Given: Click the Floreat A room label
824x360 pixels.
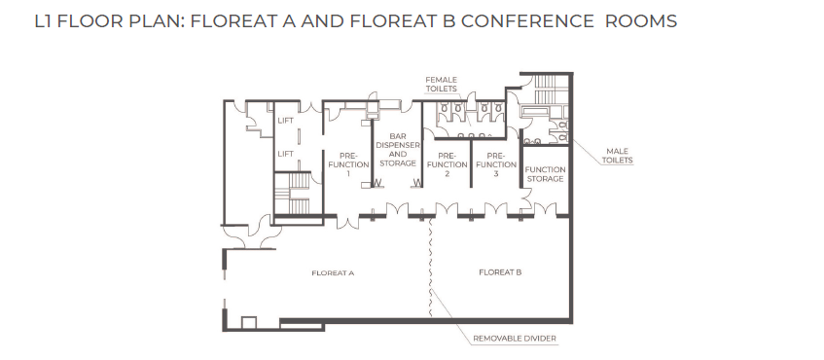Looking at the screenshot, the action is point(333,272).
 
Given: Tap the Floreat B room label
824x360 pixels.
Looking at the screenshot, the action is point(500,272).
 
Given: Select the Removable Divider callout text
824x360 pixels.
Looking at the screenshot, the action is point(515,339).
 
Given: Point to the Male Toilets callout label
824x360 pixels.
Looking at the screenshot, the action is point(618,156).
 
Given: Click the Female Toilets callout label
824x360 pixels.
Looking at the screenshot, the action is point(441,84).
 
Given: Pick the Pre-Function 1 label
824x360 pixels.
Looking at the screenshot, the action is point(347,164).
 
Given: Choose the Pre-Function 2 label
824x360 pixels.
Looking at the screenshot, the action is point(447,164).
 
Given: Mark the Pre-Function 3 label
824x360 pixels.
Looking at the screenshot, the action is point(495,164).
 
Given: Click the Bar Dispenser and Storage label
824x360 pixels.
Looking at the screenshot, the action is point(398,149).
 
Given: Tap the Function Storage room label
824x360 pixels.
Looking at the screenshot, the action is point(545,174).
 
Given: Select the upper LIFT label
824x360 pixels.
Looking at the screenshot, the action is point(285,121).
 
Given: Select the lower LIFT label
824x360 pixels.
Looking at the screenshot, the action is point(285,154).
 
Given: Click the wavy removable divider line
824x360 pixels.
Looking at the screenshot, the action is point(431,267).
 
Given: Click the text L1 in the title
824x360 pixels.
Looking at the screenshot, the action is point(43,21).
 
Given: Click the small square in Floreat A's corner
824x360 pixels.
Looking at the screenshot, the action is point(249,323).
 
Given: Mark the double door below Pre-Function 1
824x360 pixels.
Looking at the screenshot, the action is point(347,222).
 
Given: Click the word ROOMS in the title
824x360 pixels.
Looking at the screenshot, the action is point(641,21).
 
